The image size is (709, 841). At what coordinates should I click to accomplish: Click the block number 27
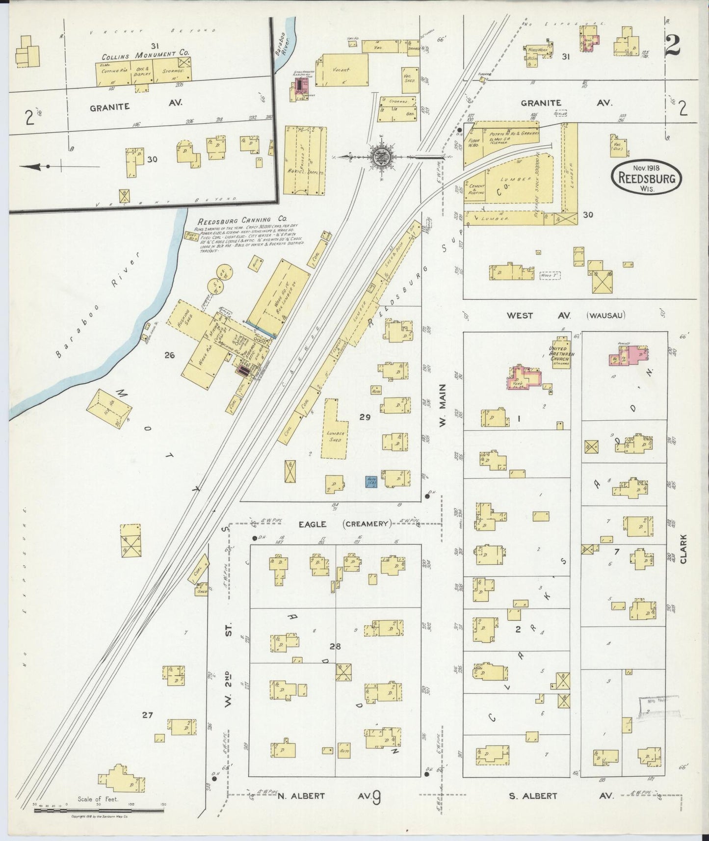point(147,715)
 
